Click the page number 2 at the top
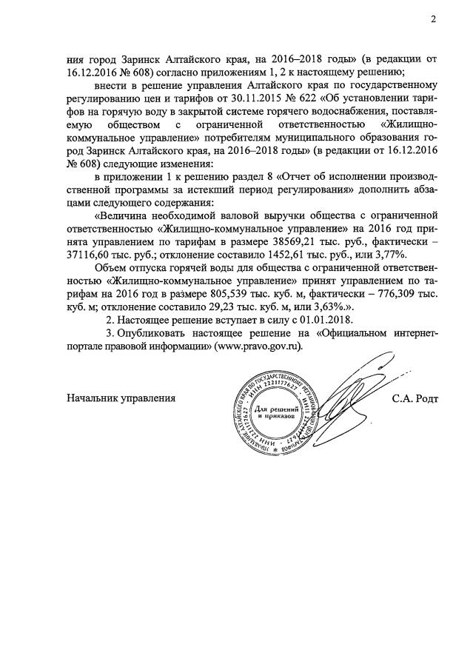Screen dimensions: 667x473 [x=433, y=19]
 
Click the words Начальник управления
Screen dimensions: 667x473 [x=121, y=398]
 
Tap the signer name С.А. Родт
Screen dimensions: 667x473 [x=415, y=398]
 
